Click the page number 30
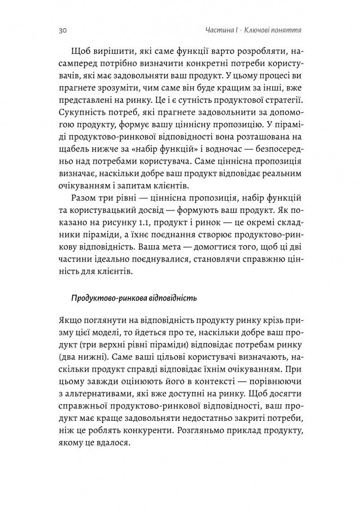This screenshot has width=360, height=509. pos(63,31)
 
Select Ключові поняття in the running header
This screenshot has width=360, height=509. pos(272,31)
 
